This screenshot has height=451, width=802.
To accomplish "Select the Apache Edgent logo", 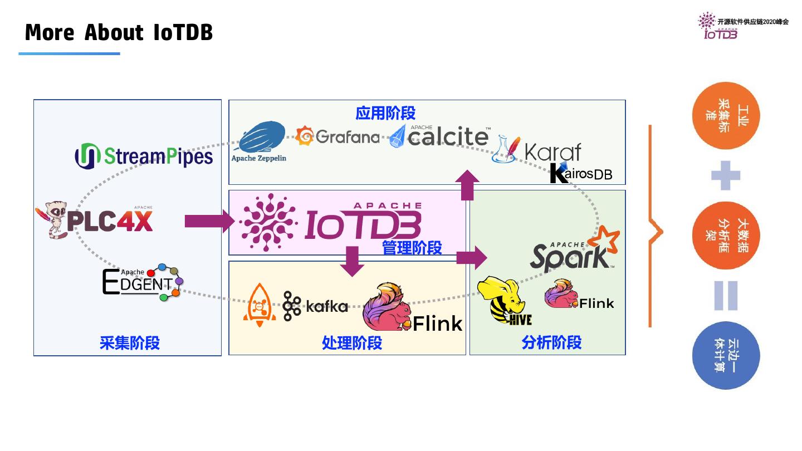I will click(x=142, y=282).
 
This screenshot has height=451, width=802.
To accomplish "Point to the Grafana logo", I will click(x=338, y=136).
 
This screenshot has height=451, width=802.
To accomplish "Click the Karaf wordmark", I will click(x=552, y=151).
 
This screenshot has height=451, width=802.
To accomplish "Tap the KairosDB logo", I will click(x=580, y=173).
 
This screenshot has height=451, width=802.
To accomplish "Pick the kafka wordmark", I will click(x=326, y=306).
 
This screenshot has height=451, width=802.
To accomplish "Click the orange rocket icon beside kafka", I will click(x=259, y=304).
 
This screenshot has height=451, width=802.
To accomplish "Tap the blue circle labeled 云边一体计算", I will click(x=726, y=355).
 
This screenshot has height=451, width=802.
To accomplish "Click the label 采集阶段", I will click(x=130, y=342).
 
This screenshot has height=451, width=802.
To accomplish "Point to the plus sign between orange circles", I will click(x=726, y=175).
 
